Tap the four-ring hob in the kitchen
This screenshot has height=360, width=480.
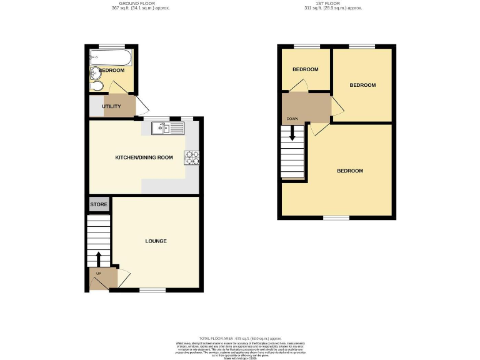point(191,158)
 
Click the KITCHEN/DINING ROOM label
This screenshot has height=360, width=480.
point(144,157)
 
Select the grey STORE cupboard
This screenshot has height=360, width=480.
point(99,205)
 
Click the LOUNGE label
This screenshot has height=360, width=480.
point(156,241)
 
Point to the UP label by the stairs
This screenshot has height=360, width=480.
point(98,273)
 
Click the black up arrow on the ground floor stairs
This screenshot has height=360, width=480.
point(98,258)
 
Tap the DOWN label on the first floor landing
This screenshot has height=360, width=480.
point(292,119)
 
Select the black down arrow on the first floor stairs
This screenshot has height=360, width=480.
point(292,135)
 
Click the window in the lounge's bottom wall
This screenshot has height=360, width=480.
point(152,290)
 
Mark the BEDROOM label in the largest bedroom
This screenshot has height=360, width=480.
point(349,171)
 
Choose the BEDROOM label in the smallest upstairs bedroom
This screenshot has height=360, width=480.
point(306,69)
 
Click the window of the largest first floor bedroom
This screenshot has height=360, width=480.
point(336,217)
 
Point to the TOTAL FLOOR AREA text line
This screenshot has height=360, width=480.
point(240,337)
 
